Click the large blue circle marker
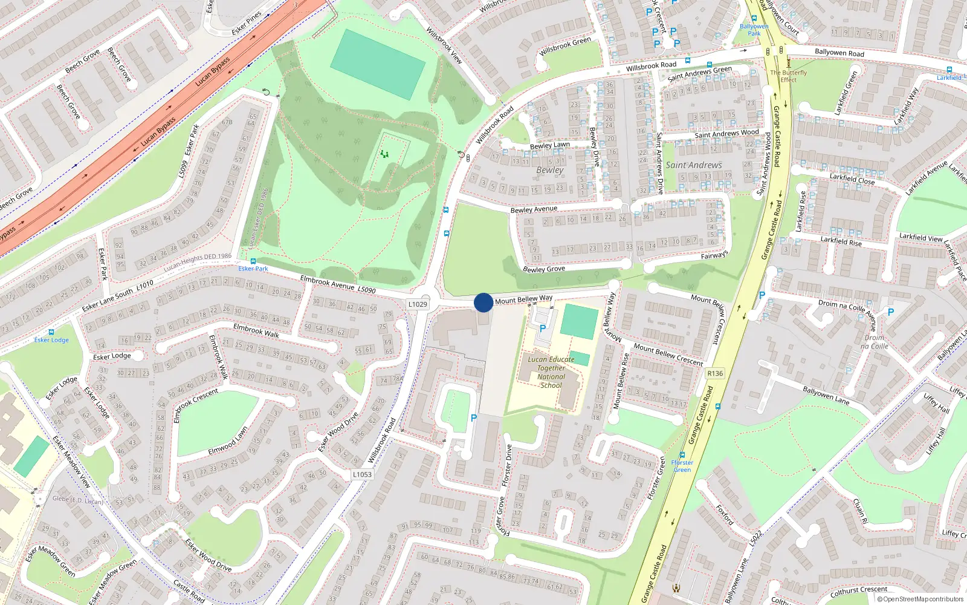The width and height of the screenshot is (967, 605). point(483,302)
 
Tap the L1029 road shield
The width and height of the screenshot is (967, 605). point(418,304)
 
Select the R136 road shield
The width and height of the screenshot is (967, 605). point(715,373)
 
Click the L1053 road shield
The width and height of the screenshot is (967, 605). point(362,474)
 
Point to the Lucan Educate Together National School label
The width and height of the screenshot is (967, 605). point(551,372)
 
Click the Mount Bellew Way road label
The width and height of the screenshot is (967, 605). point(523,299)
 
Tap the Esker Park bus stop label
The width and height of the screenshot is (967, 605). point(253,269)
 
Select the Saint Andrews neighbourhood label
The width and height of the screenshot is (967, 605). point(694,165)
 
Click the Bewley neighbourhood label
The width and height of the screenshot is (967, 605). point(549,170)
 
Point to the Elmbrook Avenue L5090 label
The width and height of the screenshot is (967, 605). point(338,285)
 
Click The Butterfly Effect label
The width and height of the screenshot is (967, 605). point(789,76)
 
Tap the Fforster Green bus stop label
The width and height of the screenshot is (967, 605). point(682,466)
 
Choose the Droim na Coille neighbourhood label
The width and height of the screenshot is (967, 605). point(875,342)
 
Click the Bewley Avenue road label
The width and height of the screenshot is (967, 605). point(534,209)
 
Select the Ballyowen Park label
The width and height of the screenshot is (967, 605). point(754,30)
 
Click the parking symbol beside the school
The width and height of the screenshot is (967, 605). point(543,329)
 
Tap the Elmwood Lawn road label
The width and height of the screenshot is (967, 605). point(228,442)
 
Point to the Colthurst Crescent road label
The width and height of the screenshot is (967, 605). point(859,590)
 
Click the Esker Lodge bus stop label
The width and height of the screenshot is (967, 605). point(51,340)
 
